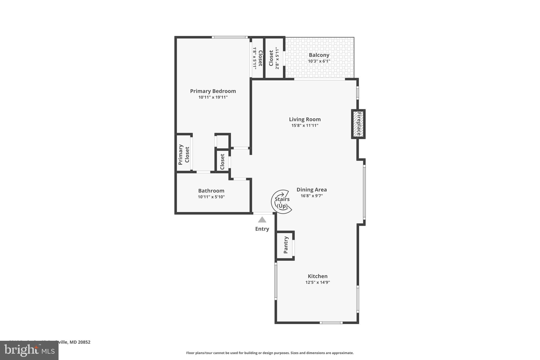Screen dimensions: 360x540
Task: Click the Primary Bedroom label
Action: pos(213,91)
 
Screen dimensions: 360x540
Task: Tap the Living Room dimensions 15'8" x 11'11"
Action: pos(305,126)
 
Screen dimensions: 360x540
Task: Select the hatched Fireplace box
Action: pos(358,124)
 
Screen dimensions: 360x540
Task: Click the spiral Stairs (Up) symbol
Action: pos(282,202)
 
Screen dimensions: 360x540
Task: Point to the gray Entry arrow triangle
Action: pos(262,220)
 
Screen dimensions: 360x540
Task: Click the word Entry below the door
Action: pos(262,229)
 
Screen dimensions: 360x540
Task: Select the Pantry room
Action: pos(285,245)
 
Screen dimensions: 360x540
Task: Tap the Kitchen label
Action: pos(317,276)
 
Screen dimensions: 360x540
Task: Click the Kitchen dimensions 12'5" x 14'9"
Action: pos(317,282)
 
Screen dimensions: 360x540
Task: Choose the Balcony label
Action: pos(319,55)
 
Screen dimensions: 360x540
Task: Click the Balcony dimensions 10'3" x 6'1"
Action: pos(319,61)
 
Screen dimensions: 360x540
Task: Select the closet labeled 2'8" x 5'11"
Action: pos(274,58)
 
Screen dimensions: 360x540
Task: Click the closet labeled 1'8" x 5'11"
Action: pos(257,58)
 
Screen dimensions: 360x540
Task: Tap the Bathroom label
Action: pos(211,191)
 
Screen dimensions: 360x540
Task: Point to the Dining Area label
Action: pos(311,190)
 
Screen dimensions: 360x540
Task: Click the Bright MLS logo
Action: pos(29,350)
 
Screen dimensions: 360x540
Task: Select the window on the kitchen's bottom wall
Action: pos(331,323)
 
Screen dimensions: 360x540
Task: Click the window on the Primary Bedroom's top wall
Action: pos(230,37)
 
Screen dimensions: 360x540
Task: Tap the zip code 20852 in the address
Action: pos(84,342)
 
